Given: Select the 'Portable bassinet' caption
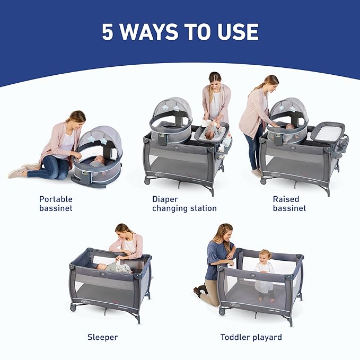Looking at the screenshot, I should (56, 204).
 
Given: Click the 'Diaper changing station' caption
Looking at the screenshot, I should (184, 204).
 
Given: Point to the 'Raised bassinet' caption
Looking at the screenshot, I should (289, 204).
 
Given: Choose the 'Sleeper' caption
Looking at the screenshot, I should (102, 337).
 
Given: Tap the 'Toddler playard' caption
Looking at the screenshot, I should (251, 337).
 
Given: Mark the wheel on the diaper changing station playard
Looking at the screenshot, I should (146, 182).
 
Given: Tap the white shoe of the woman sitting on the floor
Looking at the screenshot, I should (17, 172).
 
